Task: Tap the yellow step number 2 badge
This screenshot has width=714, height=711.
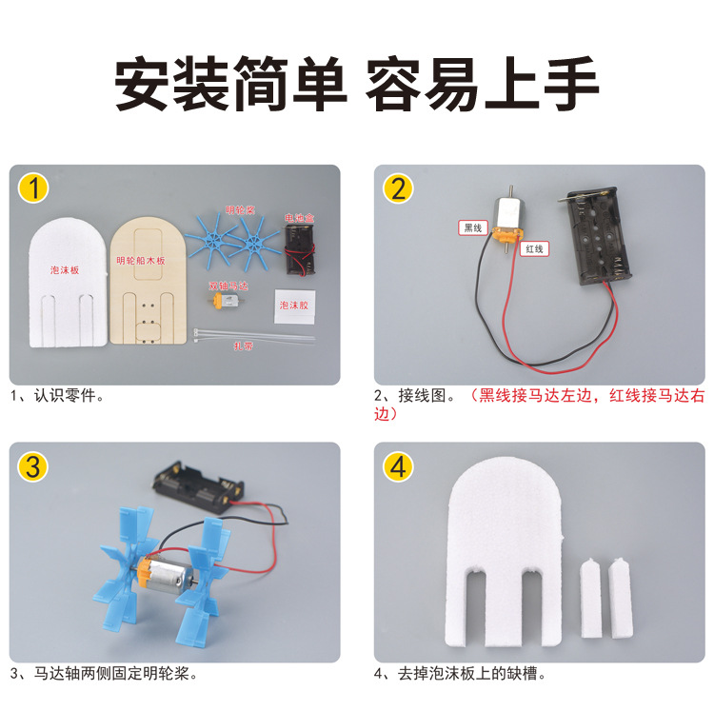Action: (398, 189)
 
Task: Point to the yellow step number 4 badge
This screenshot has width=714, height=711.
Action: (398, 466)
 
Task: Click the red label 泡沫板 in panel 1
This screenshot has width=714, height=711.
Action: (66, 270)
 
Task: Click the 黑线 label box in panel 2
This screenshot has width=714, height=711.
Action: (472, 228)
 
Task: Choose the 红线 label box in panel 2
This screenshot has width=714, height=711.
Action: (535, 248)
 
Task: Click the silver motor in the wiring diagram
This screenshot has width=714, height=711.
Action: (509, 217)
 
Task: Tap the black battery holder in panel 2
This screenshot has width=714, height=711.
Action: (593, 242)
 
